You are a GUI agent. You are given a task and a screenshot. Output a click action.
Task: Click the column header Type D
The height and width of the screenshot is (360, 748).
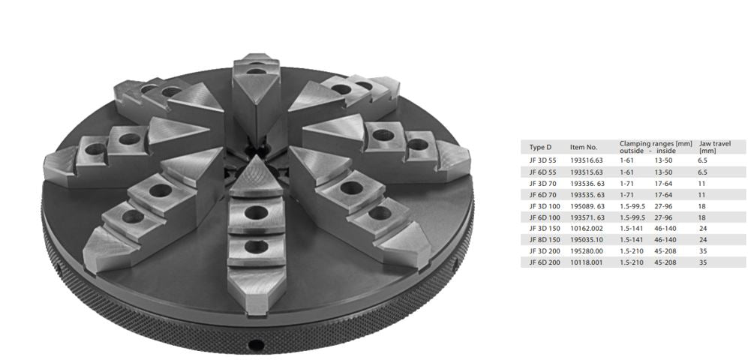(540, 147)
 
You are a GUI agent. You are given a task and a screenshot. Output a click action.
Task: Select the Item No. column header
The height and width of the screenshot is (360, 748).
(584, 147)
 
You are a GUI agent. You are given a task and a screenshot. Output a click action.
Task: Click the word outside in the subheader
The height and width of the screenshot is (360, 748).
(630, 150)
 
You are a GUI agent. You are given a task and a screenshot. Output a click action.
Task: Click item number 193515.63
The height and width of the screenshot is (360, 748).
(587, 172)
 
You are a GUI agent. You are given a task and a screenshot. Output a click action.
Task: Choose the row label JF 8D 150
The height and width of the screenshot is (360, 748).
(544, 240)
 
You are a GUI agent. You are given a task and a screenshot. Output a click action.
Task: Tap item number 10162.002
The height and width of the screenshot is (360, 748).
(587, 229)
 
